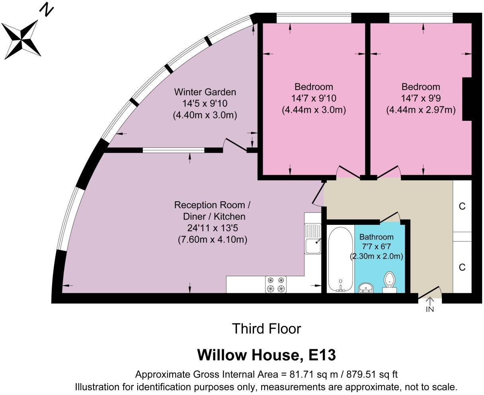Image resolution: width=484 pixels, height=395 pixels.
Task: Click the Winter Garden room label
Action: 205,92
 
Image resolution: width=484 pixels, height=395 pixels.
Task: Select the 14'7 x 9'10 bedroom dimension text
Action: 314,98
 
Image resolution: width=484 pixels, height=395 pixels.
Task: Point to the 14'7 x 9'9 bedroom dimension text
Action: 421,98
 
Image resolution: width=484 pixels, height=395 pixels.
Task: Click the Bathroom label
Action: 376,237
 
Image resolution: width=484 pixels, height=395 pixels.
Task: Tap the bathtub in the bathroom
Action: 340,259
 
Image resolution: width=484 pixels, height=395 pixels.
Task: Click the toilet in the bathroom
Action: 390,282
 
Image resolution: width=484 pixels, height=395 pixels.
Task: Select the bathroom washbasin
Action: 366,288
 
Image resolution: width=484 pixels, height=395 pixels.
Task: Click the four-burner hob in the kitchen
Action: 275,285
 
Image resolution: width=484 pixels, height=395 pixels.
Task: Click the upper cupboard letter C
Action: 462,206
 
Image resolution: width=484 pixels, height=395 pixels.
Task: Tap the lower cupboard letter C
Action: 462,267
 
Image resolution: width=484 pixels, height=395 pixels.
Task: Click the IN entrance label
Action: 430,309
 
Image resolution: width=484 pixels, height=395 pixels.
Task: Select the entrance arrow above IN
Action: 430,301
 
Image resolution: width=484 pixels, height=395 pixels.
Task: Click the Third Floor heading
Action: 267,329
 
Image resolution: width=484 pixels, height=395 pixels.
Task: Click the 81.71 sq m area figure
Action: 314,375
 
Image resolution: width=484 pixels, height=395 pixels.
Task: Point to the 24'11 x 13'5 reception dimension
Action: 213,228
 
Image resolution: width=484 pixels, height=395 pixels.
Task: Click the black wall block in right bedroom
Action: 467,99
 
